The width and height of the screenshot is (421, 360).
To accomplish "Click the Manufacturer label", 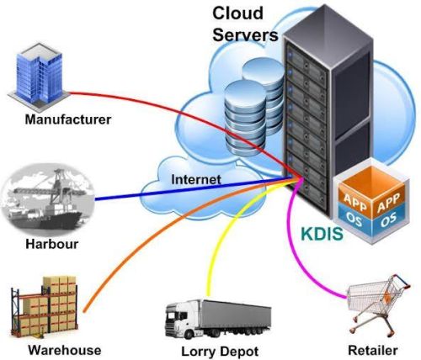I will (x=68, y=119).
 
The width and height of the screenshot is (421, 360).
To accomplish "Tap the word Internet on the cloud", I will (x=195, y=179).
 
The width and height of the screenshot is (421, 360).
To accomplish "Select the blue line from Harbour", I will (x=168, y=195).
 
